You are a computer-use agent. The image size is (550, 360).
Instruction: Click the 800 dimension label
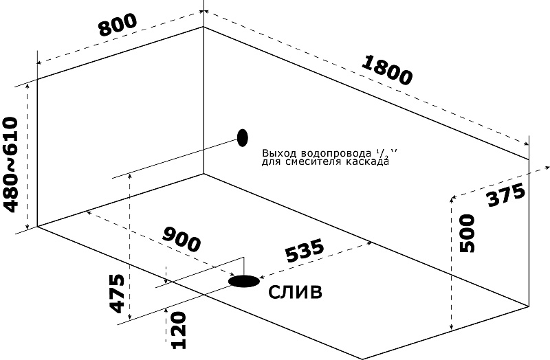coord(118,25)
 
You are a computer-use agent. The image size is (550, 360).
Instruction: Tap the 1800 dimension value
coord(386,69)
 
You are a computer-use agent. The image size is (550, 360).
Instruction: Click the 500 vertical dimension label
coord(467,234)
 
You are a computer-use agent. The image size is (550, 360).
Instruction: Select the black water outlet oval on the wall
coord(242,137)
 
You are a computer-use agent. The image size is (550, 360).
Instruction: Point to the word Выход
coord(276,154)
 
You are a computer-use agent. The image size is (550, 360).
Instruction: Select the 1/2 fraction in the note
coord(382,153)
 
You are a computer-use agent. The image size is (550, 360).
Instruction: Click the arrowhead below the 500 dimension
coord(451,327)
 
